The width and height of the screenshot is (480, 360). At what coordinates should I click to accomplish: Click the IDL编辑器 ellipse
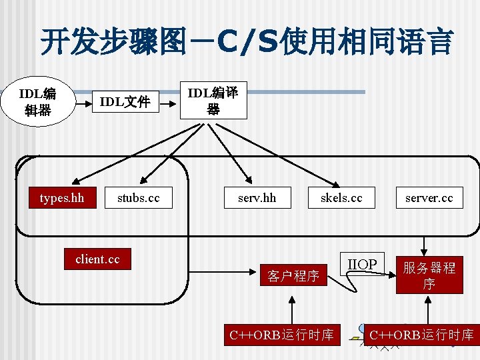(x=37, y=102)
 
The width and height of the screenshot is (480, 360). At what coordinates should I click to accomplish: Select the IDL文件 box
(x=125, y=102)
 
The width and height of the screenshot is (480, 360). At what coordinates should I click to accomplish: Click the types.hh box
(x=62, y=198)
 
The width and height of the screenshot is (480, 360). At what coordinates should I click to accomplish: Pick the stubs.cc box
(x=139, y=198)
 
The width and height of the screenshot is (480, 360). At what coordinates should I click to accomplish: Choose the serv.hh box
(x=257, y=198)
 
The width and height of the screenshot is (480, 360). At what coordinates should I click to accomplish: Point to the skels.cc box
(x=341, y=198)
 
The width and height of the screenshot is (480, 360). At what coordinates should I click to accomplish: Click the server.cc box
(x=429, y=198)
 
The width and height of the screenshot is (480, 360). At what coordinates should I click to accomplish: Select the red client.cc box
(x=98, y=259)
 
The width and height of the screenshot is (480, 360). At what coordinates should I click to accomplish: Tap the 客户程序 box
(x=293, y=275)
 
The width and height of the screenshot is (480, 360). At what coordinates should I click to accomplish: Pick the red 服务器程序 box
(x=429, y=275)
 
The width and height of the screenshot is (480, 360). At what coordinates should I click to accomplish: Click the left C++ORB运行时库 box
(x=281, y=335)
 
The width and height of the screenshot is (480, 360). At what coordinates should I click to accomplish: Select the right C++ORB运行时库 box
(x=421, y=335)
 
